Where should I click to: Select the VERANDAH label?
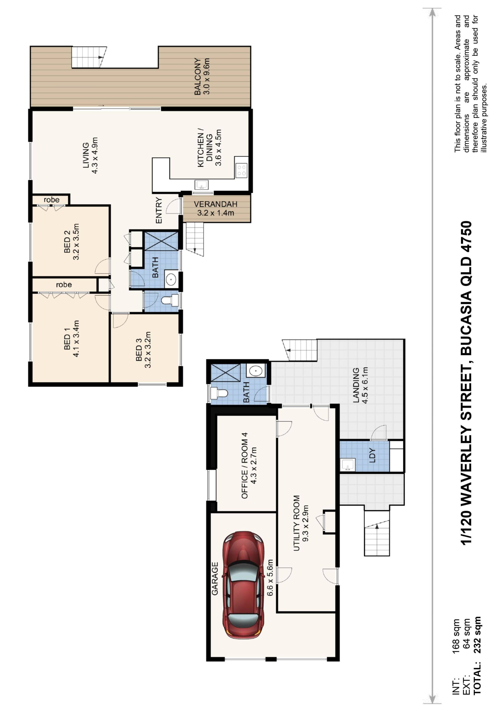[x=215, y=204]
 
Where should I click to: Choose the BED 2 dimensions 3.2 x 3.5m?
[x=76, y=242]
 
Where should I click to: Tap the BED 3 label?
[x=139, y=350]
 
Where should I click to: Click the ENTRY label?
[x=159, y=210]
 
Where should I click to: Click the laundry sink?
[x=347, y=464]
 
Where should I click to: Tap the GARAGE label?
[x=215, y=579]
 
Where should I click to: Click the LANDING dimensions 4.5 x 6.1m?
[x=365, y=385]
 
